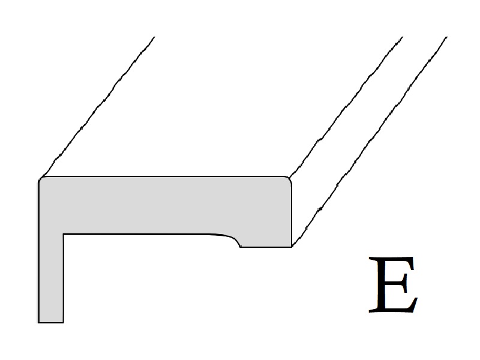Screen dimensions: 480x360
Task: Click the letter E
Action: (393, 284)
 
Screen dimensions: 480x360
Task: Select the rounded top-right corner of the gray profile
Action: (288, 180)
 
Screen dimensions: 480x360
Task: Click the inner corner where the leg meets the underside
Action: (64, 235)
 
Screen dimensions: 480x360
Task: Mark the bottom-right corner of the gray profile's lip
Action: (292, 247)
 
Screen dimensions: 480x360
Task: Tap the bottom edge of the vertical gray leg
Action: (50, 322)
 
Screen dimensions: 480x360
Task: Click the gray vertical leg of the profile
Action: (50, 278)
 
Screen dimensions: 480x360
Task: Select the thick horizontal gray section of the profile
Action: (164, 205)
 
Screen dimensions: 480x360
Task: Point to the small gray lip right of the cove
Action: (266, 241)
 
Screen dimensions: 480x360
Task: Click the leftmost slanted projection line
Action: (97, 107)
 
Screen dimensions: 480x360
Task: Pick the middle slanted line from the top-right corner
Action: (346, 107)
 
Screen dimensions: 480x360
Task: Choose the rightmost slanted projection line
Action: (370, 142)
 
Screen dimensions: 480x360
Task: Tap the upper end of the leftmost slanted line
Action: (154, 37)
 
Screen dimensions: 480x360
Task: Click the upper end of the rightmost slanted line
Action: (447, 37)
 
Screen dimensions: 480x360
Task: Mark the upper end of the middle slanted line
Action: (402, 37)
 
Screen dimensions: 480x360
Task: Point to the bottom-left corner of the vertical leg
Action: (38, 323)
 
